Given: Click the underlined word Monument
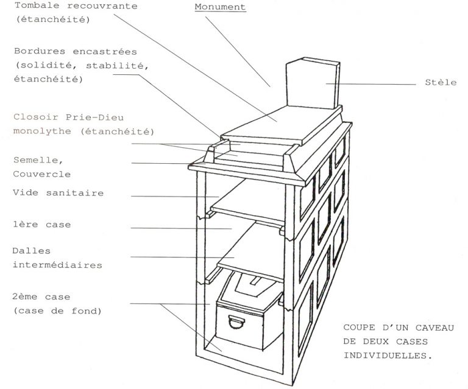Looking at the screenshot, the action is coord(220,7).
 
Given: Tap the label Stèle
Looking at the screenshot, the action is coord(441,82).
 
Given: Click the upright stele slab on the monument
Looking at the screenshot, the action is coord(313,83).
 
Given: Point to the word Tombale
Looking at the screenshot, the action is coord(37,5).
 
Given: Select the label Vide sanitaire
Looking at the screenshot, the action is coord(58,193).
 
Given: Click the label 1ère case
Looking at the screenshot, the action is coord(42,225).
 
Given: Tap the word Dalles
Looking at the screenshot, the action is coord(31,251).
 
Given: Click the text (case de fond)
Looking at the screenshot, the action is coord(58,311).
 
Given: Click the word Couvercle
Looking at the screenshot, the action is coord(42,174).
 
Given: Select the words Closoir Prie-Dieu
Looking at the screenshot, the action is coord(69,117).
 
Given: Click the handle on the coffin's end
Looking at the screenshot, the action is coord(236,321).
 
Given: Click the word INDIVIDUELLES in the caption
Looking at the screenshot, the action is coord(388,356).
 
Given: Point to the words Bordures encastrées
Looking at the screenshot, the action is coord(76,52).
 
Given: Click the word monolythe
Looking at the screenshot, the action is coord(42,131).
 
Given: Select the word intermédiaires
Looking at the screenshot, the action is coord(57,265).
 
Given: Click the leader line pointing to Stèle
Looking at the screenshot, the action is coord(370,84).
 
